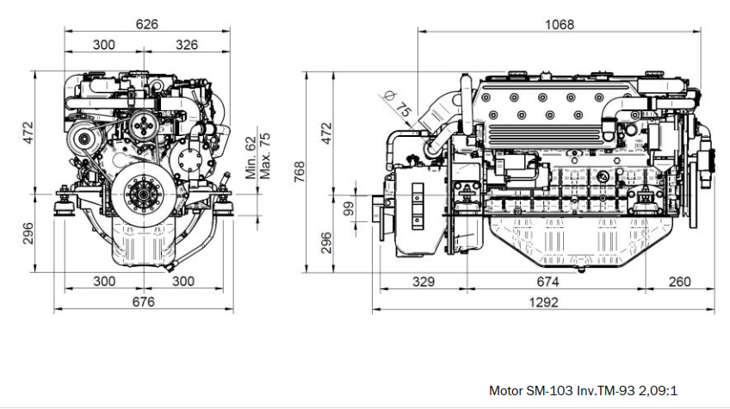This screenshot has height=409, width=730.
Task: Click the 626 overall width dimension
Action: pyautogui.click(x=147, y=24)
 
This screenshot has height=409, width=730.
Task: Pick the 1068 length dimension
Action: pyautogui.click(x=560, y=24)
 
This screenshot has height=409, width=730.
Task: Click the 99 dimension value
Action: pyautogui.click(x=349, y=209)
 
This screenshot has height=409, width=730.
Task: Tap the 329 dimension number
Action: pyautogui.click(x=423, y=282)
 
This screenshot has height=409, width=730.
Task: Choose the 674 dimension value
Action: pyautogui.click(x=547, y=282)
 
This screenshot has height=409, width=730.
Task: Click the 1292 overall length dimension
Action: pyautogui.click(x=544, y=302)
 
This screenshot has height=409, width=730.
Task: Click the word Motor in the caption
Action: pyautogui.click(x=506, y=390)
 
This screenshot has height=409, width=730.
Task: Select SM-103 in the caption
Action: pyautogui.click(x=549, y=390)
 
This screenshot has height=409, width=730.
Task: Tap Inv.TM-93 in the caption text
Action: pyautogui.click(x=606, y=390)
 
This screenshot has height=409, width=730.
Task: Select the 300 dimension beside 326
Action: pyautogui.click(x=105, y=44)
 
